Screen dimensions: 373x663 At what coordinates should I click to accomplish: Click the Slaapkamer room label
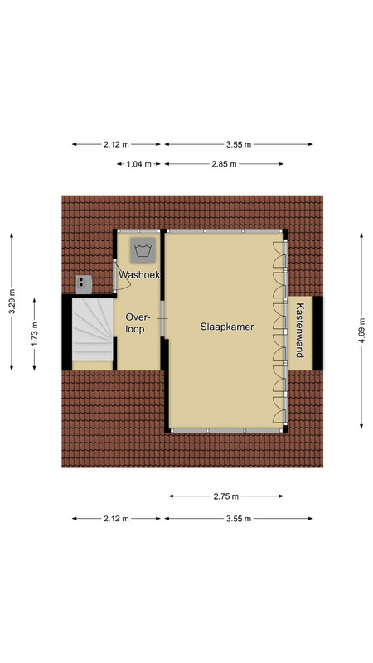[227, 327]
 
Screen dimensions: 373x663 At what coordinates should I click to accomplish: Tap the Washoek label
[139, 275]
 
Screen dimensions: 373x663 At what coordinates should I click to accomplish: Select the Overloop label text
[135, 323]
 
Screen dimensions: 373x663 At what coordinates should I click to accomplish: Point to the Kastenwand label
[300, 330]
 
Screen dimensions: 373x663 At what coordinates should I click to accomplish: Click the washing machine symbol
[143, 249]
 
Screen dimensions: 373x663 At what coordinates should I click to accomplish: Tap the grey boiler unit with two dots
[84, 284]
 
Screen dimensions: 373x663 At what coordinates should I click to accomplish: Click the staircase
[93, 330]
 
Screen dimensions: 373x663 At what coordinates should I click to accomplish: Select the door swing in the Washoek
[123, 276]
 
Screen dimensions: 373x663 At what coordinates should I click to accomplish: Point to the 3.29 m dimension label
[12, 302]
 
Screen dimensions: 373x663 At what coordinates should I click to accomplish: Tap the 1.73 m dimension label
[35, 335]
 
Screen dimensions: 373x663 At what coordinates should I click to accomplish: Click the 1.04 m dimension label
[138, 164]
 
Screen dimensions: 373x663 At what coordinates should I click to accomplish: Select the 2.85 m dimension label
[224, 164]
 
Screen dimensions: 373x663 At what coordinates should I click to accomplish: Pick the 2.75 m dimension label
[226, 496]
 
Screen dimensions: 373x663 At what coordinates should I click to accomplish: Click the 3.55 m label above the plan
[239, 144]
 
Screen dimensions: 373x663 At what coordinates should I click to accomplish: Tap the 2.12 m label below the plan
[116, 519]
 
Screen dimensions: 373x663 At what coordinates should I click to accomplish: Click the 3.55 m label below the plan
[239, 519]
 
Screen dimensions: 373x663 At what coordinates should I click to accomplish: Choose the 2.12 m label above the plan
[116, 144]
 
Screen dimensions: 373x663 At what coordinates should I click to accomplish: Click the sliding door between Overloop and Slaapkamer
[162, 319]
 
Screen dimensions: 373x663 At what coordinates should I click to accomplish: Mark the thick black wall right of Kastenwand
[317, 333]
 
